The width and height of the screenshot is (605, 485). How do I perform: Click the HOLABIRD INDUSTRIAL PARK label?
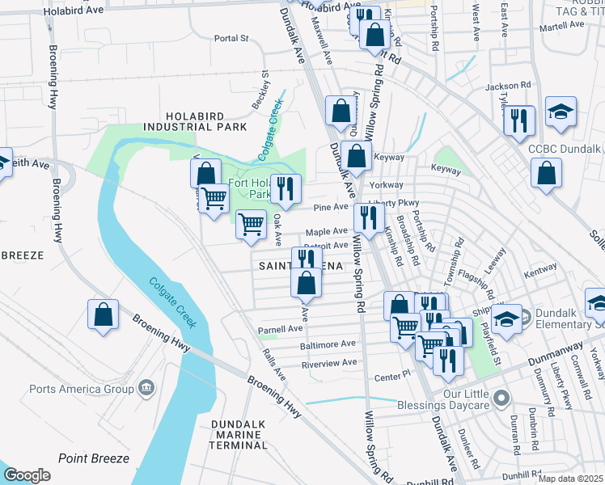(205, 121)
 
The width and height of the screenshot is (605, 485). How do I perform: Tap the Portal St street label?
(231, 38)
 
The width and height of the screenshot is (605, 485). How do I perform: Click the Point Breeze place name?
(93, 458)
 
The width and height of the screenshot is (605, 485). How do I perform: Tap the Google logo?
(27, 475)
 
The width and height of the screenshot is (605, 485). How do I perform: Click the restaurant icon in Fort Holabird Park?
(285, 188)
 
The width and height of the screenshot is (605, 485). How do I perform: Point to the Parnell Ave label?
(279, 330)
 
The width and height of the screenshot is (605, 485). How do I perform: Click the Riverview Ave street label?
(329, 363)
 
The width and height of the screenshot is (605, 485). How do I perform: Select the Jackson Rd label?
(507, 85)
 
